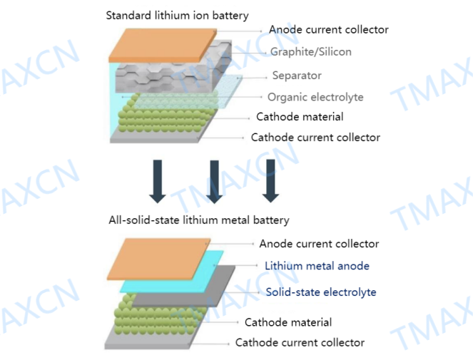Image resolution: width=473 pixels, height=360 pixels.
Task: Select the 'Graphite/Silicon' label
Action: [x=310, y=52]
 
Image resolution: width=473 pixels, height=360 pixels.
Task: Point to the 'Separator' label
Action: [x=297, y=76]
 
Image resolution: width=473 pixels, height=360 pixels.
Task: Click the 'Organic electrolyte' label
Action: [x=315, y=97]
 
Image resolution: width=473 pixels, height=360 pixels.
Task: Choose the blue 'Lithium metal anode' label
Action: [x=317, y=266]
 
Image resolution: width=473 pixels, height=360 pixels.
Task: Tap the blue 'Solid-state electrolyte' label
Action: [x=321, y=292]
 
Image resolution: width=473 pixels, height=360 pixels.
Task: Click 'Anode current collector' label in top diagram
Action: [x=328, y=30]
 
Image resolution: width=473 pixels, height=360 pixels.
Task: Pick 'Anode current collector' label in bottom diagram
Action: [x=319, y=244]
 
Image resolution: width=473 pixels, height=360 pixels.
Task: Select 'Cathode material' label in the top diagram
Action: [x=300, y=117]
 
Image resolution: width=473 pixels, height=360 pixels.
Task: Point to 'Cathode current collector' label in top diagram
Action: [x=315, y=138]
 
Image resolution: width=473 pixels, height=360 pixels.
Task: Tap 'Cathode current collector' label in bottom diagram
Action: [x=300, y=343]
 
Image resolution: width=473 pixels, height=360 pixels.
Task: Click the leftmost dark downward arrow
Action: [x=158, y=180]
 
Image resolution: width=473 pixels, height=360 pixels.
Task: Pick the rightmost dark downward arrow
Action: [x=269, y=180]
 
